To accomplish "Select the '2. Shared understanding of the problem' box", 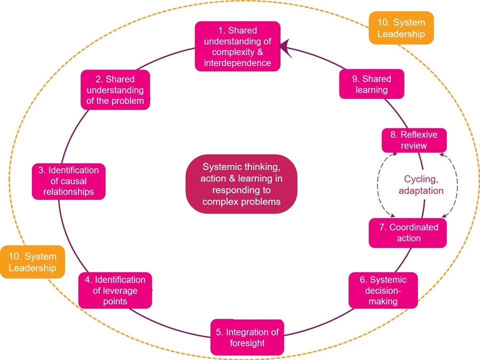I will point(115,90).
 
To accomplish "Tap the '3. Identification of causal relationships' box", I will point(68,181).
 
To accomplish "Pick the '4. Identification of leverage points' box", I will point(115,290).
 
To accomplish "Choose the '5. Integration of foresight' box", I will point(247,337).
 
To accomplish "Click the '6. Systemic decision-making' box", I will point(383,290).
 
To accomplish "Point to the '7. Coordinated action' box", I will point(407,233).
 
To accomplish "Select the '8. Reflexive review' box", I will point(414,140).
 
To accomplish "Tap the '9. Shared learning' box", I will point(371,84).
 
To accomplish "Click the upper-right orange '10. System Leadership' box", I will point(401,28).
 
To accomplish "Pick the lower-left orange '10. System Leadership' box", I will point(32,262).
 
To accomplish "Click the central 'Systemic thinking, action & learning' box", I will point(241,184).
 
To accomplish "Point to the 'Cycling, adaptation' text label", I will point(423,184).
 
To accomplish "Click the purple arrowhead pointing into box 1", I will point(285,47).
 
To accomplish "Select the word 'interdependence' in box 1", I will point(237,63).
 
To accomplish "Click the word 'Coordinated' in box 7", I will point(413,227).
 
